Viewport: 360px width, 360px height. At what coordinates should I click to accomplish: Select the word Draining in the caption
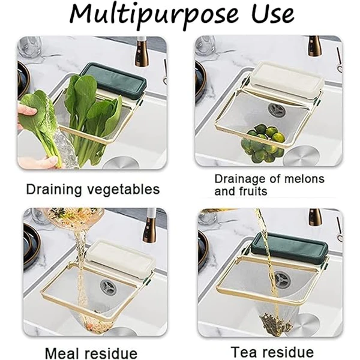click(54, 190)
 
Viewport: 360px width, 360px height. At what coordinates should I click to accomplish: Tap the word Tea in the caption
click(243, 352)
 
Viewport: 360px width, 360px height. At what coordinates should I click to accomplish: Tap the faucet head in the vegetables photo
click(140, 52)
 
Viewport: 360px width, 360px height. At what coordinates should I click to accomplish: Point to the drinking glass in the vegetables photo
click(31, 47)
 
